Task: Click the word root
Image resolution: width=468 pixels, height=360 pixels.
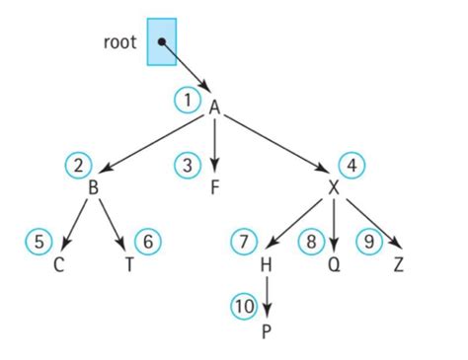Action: (120, 42)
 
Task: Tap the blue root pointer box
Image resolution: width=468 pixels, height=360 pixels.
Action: (162, 41)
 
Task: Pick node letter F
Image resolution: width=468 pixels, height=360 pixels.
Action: (214, 187)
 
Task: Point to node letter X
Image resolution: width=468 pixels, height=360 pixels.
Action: (335, 187)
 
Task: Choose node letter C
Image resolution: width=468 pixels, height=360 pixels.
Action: (58, 264)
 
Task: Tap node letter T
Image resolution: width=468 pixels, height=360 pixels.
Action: (130, 264)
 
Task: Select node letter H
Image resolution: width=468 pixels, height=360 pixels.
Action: (266, 264)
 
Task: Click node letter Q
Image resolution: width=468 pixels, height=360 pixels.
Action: (335, 264)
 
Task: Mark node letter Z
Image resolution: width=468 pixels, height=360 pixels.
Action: (398, 264)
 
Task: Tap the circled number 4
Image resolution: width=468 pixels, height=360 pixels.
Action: (351, 165)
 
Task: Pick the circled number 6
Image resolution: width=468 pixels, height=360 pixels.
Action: (148, 241)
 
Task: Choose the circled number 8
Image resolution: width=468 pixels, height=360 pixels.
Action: (311, 241)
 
